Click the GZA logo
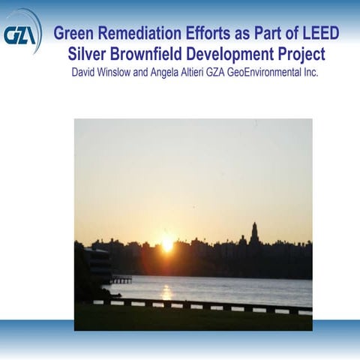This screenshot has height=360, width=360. tap(20, 32)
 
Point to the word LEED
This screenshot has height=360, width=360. tap(319, 33)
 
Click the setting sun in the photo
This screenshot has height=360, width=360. tap(166, 244)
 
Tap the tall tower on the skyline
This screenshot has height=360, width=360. tap(255, 233)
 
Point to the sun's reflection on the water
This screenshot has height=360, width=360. tap(166, 290)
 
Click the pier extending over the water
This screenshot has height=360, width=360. tap(121, 280)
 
